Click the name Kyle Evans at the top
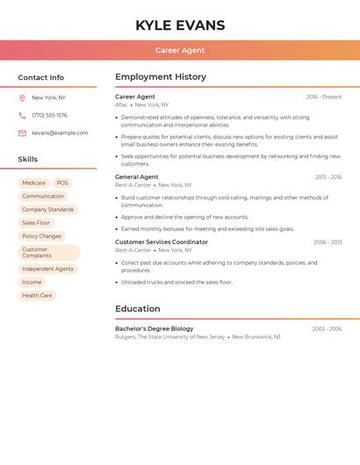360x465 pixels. [x=180, y=25]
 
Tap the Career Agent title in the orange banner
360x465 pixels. [x=180, y=50]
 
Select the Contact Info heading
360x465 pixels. [x=41, y=77]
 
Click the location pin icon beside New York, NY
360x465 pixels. [x=22, y=98]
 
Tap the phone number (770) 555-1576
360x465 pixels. [x=49, y=115]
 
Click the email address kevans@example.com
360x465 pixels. [x=60, y=132]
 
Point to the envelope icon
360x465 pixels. [x=22, y=133]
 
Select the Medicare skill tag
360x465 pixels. [x=33, y=183]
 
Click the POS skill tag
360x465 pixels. [x=62, y=183]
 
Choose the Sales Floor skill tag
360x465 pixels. [x=36, y=223]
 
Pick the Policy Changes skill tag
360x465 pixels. [x=41, y=236]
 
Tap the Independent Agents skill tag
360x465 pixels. [x=47, y=268]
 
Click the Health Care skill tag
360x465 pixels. [x=37, y=296]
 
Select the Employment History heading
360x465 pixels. [x=161, y=77]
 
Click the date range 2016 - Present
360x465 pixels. [x=324, y=97]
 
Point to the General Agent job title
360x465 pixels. [x=137, y=176]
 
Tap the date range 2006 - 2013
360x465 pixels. [x=328, y=242]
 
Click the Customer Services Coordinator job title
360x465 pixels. [x=162, y=242]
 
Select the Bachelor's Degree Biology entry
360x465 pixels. [x=155, y=329]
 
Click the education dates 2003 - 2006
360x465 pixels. [x=327, y=329]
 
